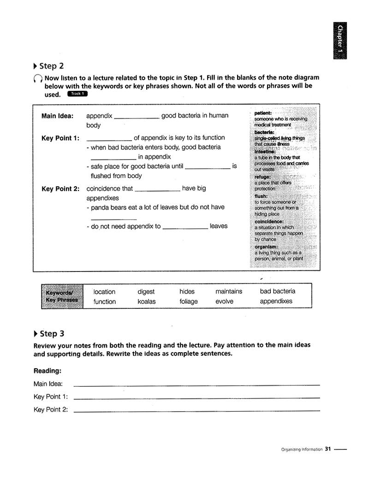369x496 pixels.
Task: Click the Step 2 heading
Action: (x=51, y=66)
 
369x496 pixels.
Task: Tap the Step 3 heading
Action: (x=52, y=333)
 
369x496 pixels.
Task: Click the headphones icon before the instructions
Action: (x=38, y=79)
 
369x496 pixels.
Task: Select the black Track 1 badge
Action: (x=77, y=94)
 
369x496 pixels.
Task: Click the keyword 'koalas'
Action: (x=147, y=301)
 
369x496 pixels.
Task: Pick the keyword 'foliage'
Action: (x=188, y=301)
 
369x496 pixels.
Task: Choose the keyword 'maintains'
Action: (x=228, y=291)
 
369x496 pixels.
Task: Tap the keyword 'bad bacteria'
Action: (x=278, y=291)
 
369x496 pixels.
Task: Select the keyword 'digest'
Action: (x=146, y=292)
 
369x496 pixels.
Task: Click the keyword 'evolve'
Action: (x=224, y=301)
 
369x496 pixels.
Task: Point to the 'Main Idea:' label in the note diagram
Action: (x=57, y=116)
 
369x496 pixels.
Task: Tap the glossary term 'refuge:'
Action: (x=262, y=177)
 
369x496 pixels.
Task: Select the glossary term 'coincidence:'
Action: (x=269, y=221)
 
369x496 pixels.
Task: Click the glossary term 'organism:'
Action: (x=266, y=247)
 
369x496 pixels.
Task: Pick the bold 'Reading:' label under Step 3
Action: (x=48, y=371)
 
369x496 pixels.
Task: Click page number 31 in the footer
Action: (x=328, y=449)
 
